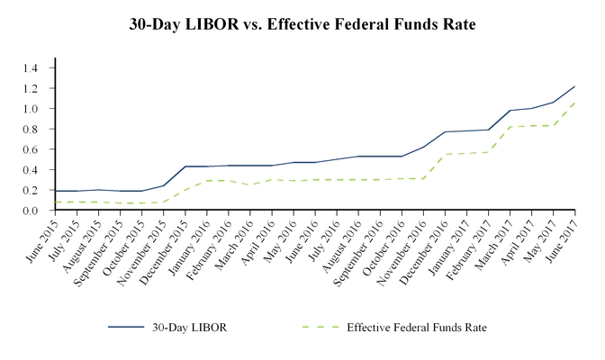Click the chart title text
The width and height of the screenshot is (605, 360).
[302, 24]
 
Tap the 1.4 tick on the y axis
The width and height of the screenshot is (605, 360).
[33, 67]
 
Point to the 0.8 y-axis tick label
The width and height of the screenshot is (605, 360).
[33, 129]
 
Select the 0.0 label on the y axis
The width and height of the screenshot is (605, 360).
[33, 211]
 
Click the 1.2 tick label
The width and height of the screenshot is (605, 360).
[33, 88]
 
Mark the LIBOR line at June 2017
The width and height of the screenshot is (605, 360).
[574, 87]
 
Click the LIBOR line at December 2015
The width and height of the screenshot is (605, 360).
[185, 166]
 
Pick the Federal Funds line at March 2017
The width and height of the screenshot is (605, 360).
[510, 127]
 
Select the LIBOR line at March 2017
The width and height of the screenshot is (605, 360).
[510, 111]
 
